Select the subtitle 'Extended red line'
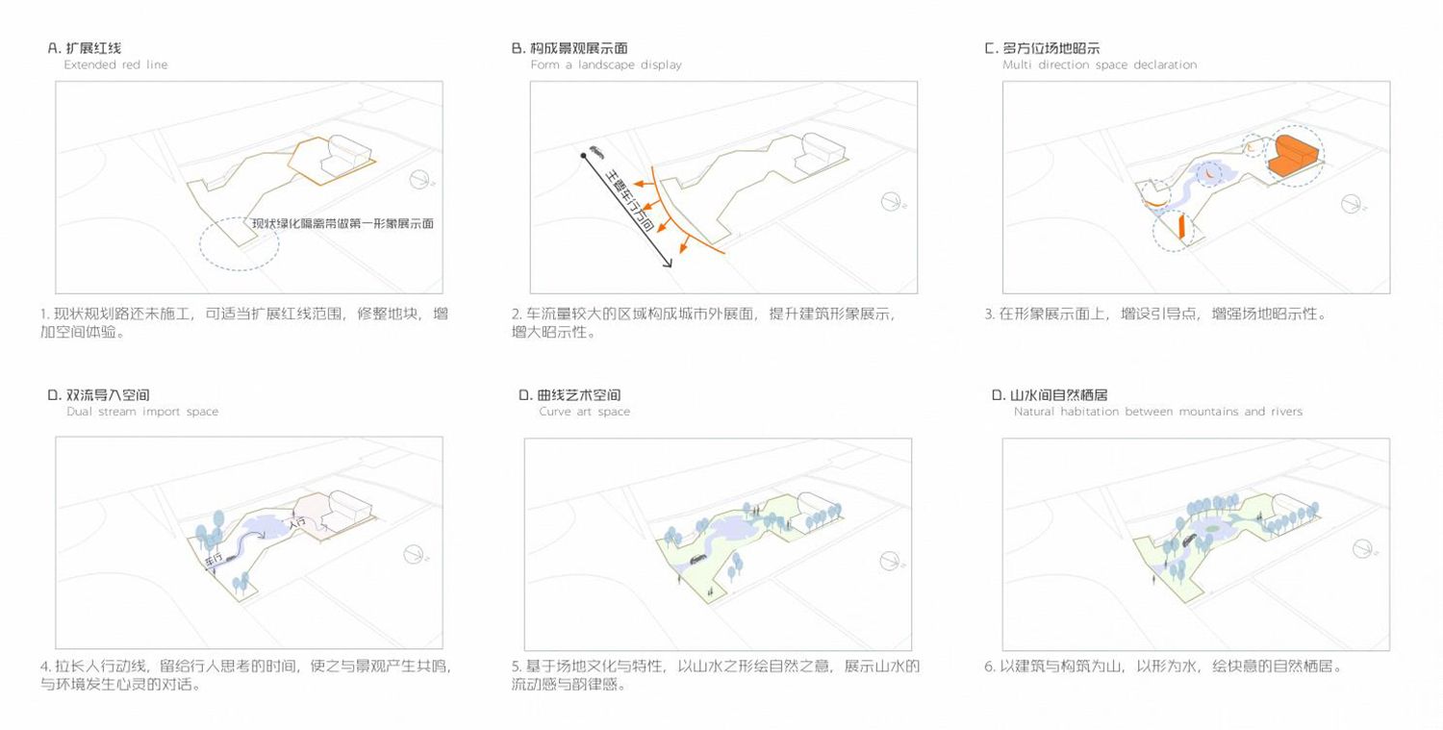point(115,65)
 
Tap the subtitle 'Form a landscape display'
point(605,65)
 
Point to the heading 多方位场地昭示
point(1051,48)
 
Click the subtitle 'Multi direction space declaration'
point(1099,65)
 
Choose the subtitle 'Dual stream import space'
point(142,412)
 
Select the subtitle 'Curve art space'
point(584,412)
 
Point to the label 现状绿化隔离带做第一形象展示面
point(342,223)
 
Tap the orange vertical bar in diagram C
point(1178,229)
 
